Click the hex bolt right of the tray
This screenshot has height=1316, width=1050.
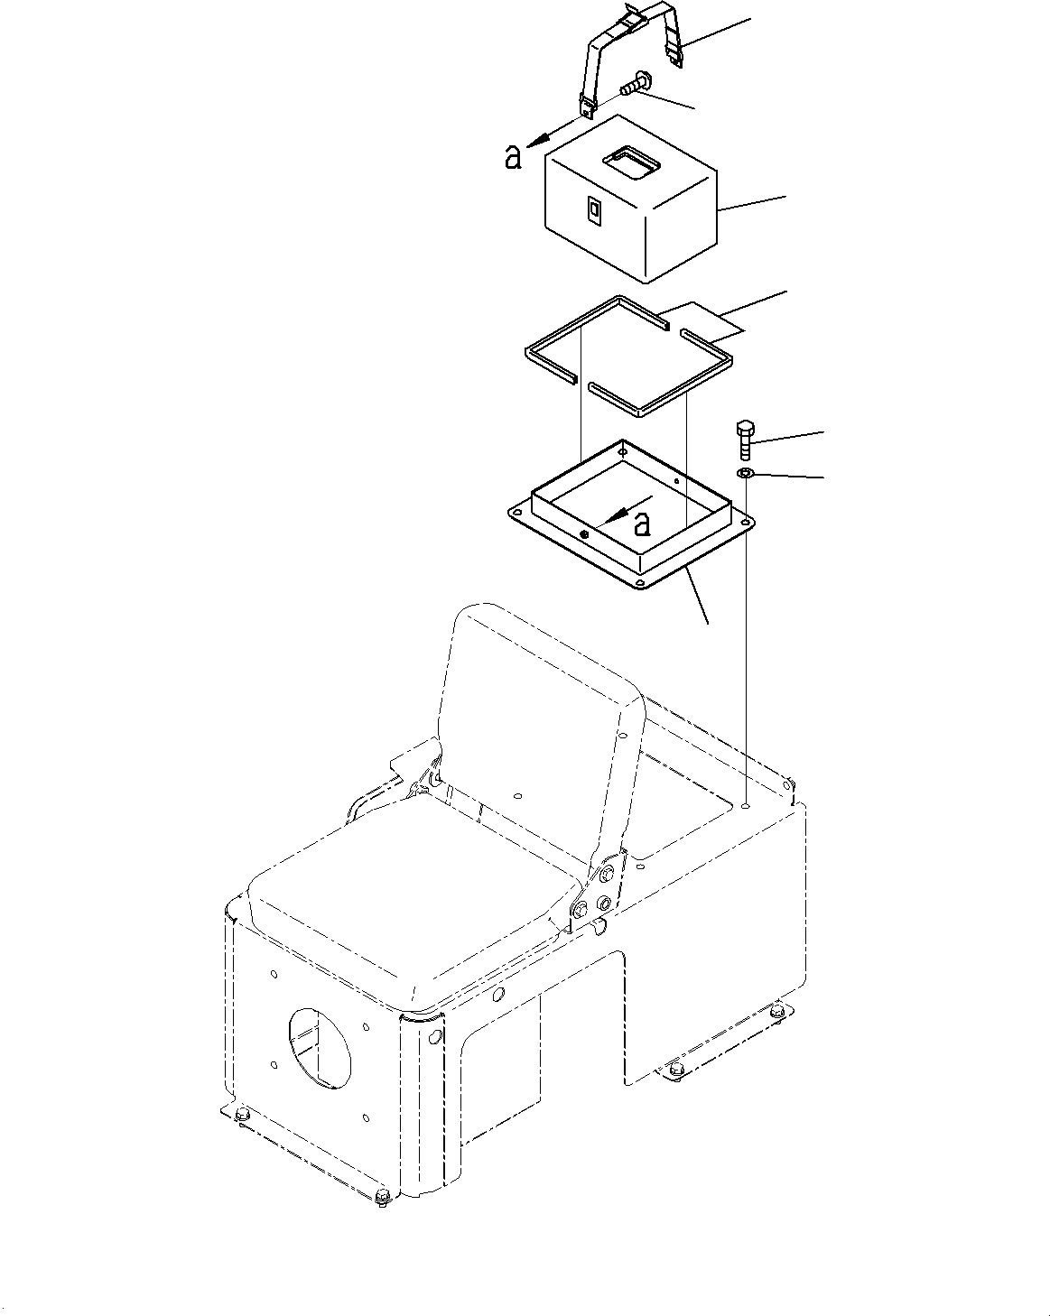(x=745, y=439)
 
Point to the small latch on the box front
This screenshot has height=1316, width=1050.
(x=593, y=209)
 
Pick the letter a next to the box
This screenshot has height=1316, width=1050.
(x=513, y=159)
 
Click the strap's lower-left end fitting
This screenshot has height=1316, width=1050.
(x=588, y=107)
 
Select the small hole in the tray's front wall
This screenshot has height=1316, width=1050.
(x=585, y=535)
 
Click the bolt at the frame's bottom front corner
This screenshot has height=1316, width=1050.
(x=382, y=1198)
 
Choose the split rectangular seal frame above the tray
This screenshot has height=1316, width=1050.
(x=623, y=357)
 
